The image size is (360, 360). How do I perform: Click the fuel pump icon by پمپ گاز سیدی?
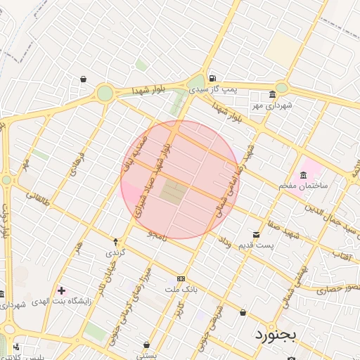[x=212, y=78]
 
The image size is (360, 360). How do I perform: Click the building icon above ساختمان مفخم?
[x=303, y=174]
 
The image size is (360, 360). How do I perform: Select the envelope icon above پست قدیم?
[x=255, y=234]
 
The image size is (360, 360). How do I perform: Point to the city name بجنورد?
[x=276, y=333]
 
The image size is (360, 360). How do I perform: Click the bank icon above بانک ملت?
[x=181, y=279]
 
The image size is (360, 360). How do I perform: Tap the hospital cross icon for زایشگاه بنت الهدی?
[x=61, y=290]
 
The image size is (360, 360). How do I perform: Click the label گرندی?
[x=115, y=252]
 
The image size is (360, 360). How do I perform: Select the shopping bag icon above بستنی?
[x=146, y=345]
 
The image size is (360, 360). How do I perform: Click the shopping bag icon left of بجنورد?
[x=243, y=312]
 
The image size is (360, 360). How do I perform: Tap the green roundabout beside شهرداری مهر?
[x=281, y=88]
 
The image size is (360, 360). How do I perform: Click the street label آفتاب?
[x=342, y=254]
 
